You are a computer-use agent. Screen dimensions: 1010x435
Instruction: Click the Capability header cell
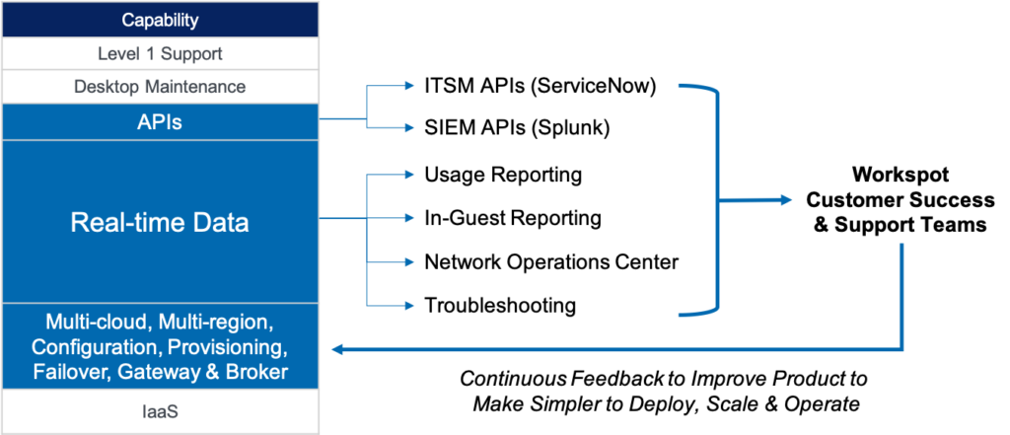click(160, 20)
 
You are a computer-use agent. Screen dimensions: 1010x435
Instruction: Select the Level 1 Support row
click(160, 53)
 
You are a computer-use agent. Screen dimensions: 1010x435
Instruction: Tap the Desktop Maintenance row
click(160, 87)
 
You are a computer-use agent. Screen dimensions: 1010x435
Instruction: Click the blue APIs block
click(160, 121)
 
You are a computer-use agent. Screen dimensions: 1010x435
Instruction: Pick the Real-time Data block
click(160, 222)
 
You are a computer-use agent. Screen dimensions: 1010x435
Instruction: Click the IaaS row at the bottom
click(160, 411)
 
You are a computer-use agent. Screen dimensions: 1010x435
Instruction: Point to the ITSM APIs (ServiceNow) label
click(540, 87)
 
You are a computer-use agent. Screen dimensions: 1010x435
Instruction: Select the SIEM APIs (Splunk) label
click(517, 127)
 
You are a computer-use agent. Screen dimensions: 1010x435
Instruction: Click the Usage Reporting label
click(503, 175)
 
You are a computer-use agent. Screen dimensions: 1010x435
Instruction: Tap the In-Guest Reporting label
click(513, 218)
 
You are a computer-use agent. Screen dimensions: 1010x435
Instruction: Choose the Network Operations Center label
click(551, 262)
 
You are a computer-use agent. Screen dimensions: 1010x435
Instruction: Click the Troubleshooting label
click(500, 305)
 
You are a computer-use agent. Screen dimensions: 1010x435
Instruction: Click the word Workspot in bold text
click(900, 176)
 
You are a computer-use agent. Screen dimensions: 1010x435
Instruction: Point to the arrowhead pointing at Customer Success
click(786, 200)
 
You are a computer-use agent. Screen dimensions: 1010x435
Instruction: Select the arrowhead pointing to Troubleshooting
click(407, 305)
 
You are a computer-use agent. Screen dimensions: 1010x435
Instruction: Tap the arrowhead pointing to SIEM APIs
click(407, 127)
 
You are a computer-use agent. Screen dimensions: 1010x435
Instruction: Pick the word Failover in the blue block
click(71, 373)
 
